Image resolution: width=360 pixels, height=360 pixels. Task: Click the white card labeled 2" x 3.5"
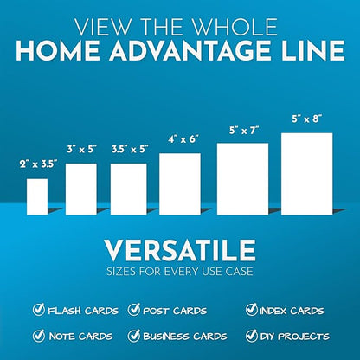tap(37, 196)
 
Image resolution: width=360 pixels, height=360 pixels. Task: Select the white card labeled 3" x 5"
tap(81, 189)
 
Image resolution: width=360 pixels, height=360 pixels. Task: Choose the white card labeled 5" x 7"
tap(241, 177)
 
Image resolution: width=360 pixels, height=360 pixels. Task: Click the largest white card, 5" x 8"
tap(306, 173)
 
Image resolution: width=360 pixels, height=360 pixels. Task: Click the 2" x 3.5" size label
tap(37, 164)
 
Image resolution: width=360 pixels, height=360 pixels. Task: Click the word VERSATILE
tap(180, 252)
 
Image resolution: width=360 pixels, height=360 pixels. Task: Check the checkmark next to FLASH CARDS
tap(39, 310)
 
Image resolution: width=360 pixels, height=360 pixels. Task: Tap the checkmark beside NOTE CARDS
tap(39, 336)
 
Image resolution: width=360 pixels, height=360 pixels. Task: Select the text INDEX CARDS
tap(294, 311)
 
